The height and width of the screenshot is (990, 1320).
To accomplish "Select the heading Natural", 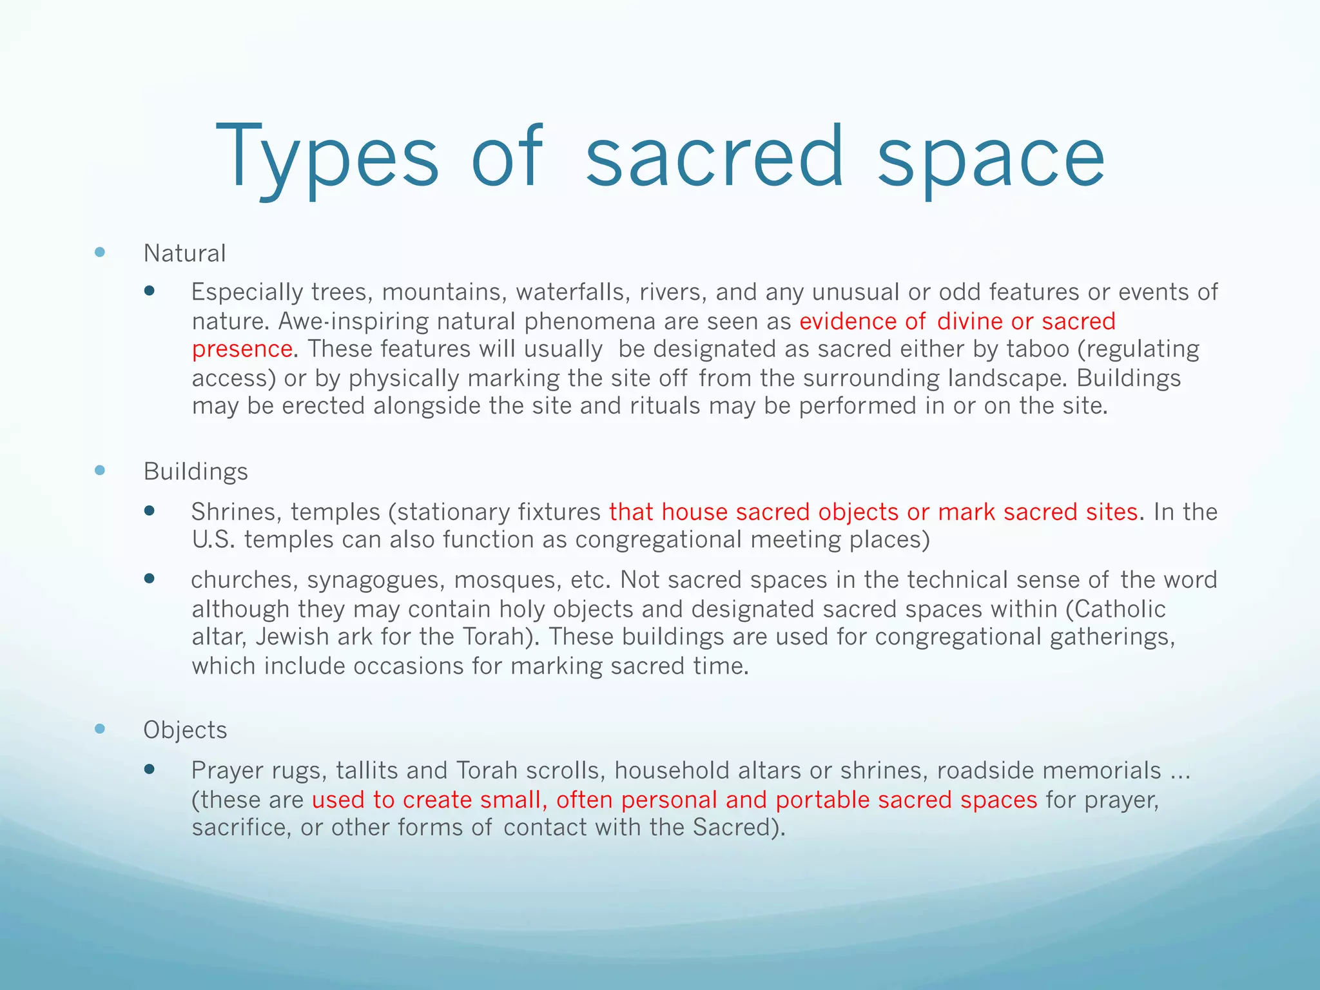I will (x=184, y=253).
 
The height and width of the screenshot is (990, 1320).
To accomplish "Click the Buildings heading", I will (x=195, y=471).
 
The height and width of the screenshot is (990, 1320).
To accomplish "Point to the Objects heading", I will (x=185, y=730).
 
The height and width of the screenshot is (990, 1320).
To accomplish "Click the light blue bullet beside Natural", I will (x=100, y=252).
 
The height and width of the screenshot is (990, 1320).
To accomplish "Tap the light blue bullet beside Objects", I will (x=100, y=729).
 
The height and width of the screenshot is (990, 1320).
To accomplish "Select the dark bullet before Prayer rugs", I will (x=150, y=769).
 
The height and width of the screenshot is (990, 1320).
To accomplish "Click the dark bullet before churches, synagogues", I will (x=150, y=578).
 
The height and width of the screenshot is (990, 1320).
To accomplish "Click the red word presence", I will (x=242, y=349).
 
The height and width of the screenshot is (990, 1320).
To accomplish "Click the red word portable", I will (x=822, y=800).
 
